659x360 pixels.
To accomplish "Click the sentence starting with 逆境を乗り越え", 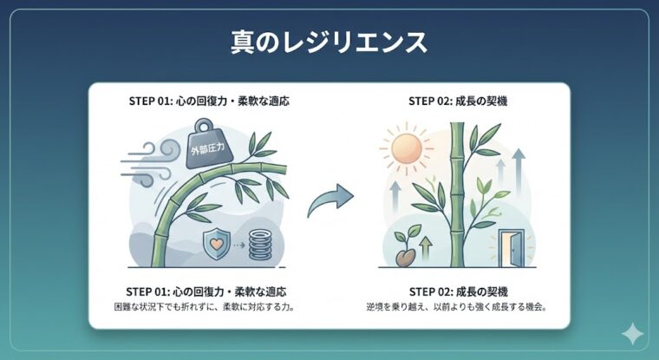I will click(x=457, y=308).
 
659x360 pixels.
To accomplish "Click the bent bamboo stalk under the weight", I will click(x=165, y=217).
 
